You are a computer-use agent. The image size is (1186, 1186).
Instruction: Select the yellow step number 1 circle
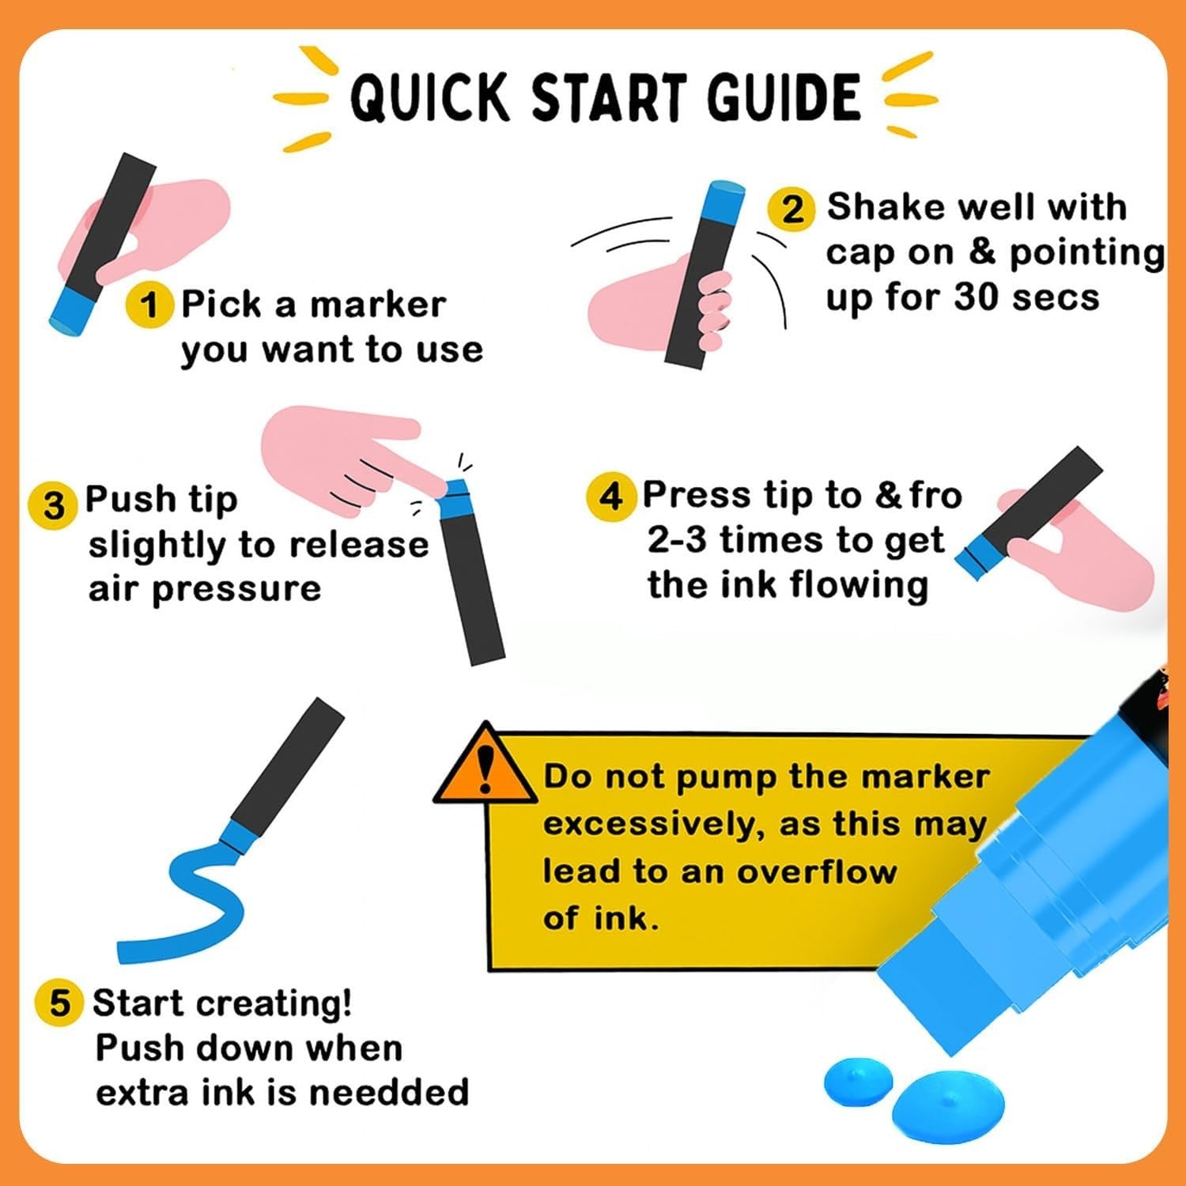149,305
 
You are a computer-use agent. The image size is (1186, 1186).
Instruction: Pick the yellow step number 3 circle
52,504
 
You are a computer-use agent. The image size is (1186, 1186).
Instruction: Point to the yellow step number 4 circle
610,497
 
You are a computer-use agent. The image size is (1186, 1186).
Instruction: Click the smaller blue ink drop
858,1080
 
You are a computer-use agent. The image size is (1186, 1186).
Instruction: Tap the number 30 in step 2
977,297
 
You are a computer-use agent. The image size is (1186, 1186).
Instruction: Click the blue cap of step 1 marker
74,311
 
